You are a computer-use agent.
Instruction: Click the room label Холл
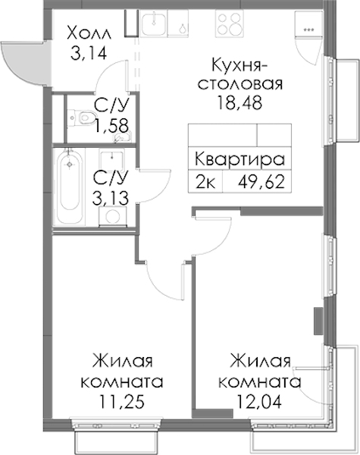tap(89, 33)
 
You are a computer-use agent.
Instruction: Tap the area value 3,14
tap(89, 53)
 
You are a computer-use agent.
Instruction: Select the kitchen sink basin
tap(155, 24)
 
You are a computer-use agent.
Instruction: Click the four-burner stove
tap(229, 23)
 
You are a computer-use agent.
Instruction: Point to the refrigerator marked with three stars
tap(308, 25)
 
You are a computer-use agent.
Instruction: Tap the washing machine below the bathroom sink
tap(113, 216)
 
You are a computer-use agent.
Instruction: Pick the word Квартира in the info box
tap(239, 159)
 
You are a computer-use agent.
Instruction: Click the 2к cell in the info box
tap(205, 183)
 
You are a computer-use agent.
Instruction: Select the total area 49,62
tap(261, 183)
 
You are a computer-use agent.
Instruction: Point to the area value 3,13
tap(110, 199)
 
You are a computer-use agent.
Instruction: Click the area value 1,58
tap(111, 126)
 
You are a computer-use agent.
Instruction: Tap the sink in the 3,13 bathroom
tap(112, 159)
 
